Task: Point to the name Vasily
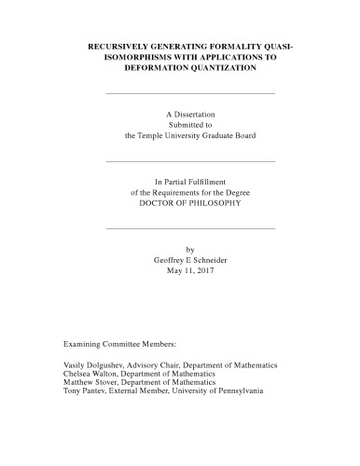point(75,364)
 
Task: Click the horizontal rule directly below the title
point(191,93)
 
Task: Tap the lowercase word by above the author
point(191,249)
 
